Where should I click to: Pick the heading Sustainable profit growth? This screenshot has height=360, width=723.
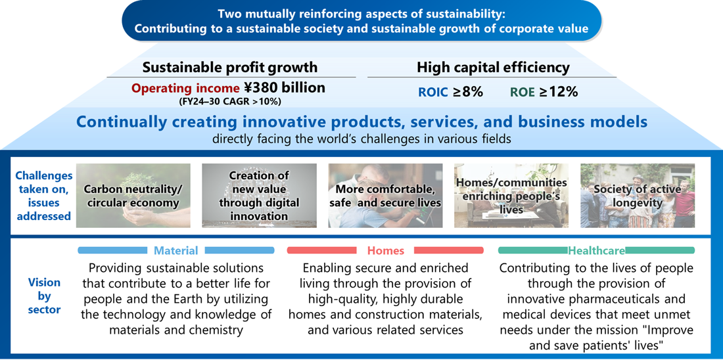click(229, 68)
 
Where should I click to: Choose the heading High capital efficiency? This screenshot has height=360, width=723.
click(494, 68)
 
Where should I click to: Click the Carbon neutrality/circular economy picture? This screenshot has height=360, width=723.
click(133, 196)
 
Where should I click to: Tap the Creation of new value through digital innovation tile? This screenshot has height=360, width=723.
click(259, 196)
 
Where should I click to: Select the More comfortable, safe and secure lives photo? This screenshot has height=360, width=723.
click(385, 196)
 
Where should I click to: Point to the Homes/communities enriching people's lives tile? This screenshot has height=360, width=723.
click(511, 196)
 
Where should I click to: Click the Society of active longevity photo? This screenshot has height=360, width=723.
click(638, 196)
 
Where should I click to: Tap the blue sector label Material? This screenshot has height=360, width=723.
click(175, 251)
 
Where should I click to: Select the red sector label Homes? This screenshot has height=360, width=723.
click(385, 251)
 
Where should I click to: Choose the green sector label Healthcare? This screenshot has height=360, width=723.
click(597, 251)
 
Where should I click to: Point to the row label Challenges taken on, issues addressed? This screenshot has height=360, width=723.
click(44, 196)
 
